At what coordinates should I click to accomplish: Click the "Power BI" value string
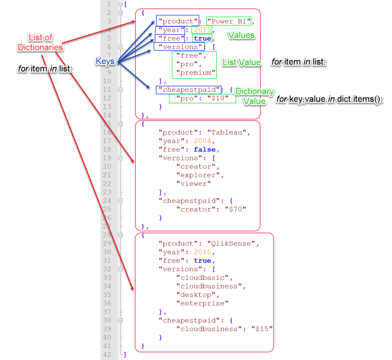pos(229,21)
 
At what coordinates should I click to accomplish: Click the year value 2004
pos(202,141)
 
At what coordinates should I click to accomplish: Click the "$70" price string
pos(235,209)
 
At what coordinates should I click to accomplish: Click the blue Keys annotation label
pos(105,60)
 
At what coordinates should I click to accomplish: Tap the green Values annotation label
pos(241,35)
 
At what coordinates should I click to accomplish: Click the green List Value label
pos(242,62)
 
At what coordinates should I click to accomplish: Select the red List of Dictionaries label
pos(41,42)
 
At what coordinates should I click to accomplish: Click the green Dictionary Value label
pos(254,96)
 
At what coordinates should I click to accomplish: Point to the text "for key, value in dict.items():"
pos(330,100)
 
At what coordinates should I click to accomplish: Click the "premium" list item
pos(196,72)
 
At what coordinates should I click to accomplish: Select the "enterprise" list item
pos(202,303)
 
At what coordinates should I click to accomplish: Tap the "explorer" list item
pos(198,175)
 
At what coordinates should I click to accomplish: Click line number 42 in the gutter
pos(107,355)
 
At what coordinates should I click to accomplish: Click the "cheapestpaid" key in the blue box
pos(189,90)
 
